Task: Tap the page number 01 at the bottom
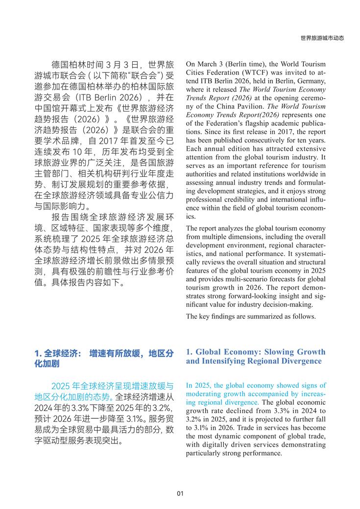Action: point(180,493)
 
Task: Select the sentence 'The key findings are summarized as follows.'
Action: point(251,316)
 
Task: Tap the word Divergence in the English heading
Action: point(298,361)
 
